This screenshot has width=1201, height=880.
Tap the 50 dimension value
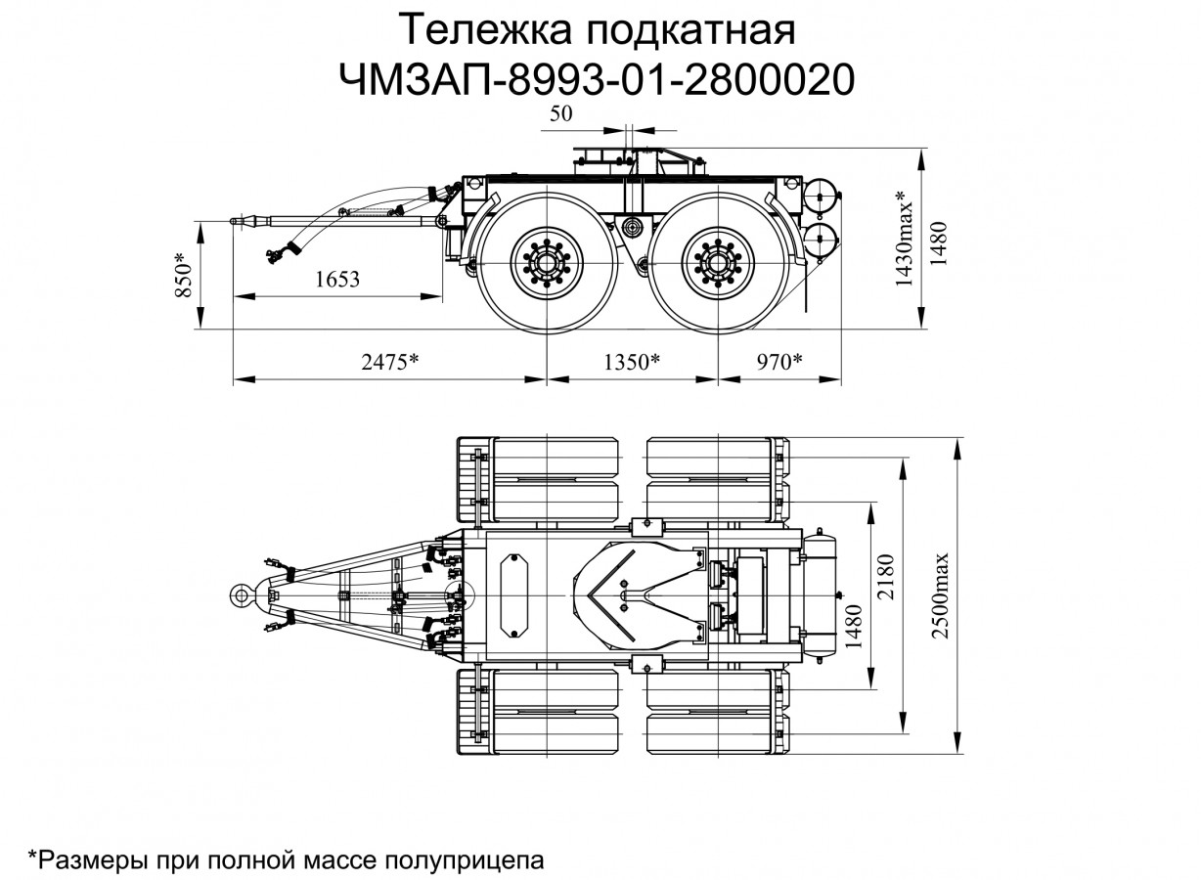click(560, 114)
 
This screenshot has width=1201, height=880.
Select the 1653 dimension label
click(338, 280)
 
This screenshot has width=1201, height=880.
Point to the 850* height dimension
click(182, 277)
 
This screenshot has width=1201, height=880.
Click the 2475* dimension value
click(389, 363)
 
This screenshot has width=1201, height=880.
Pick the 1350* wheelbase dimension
click(632, 363)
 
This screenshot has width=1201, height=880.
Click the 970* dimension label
click(779, 363)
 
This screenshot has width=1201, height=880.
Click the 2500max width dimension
click(940, 596)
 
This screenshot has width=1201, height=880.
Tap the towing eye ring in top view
click(241, 594)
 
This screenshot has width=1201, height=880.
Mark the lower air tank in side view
click(820, 238)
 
